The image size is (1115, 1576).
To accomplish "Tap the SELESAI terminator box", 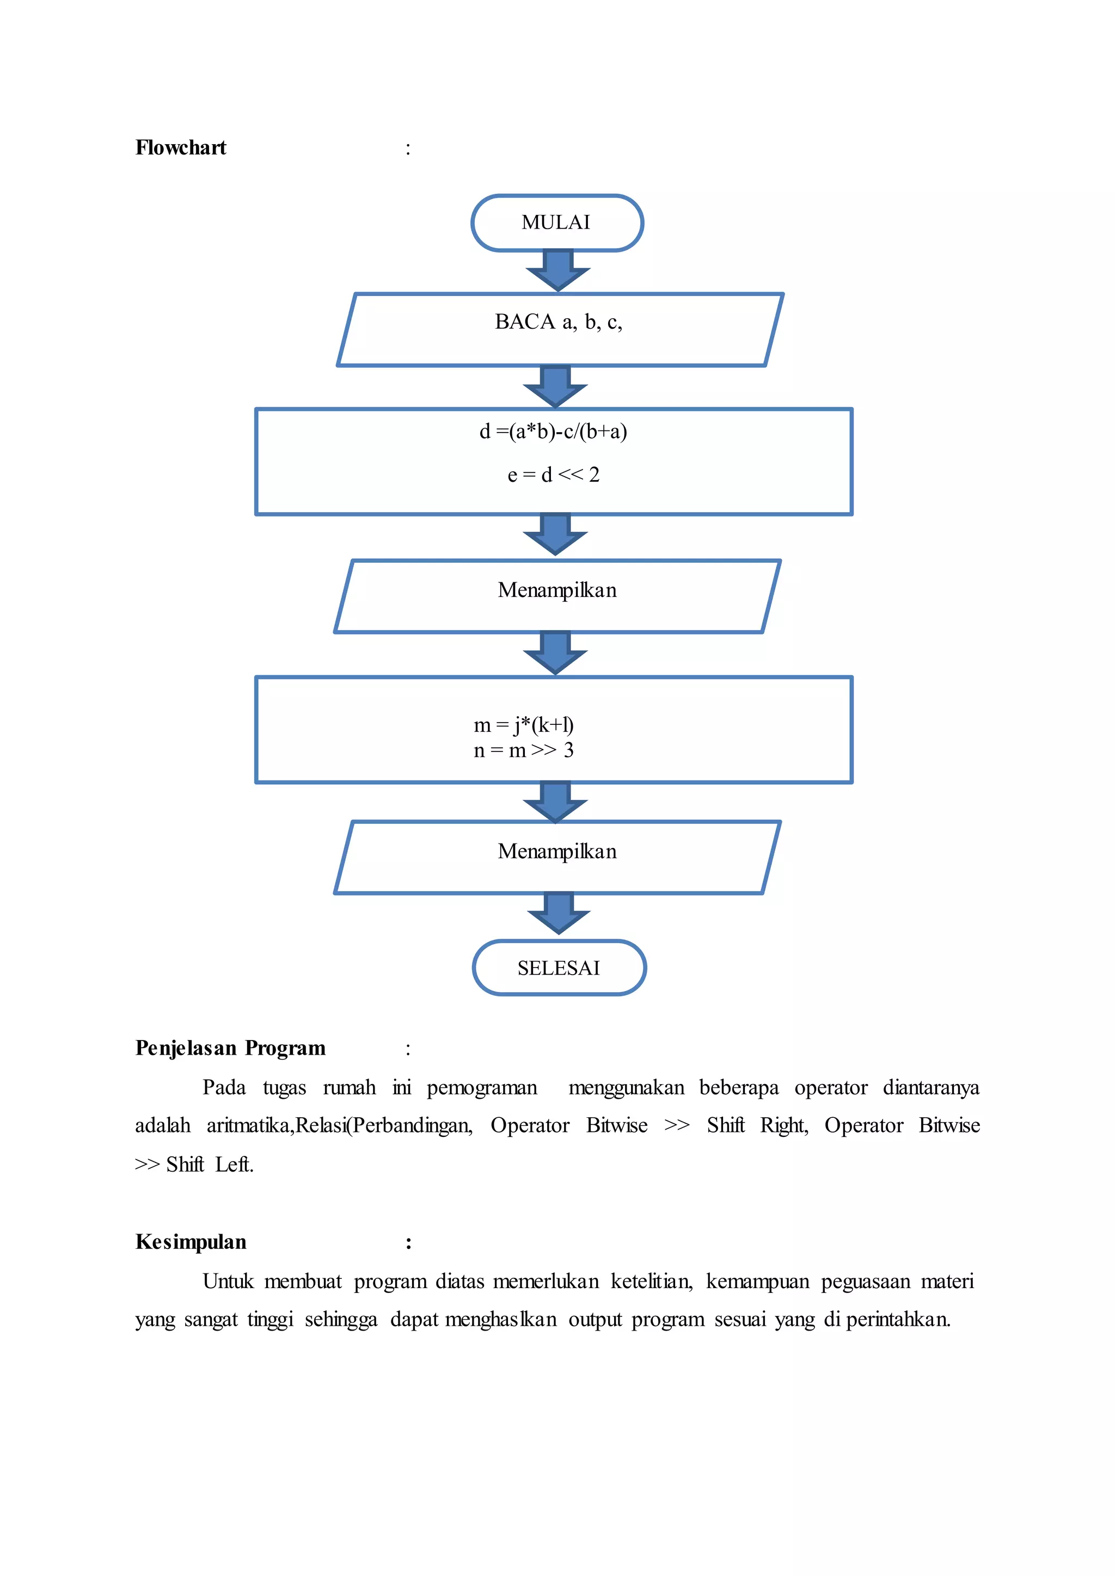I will (559, 968).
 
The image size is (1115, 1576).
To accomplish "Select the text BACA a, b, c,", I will (558, 322).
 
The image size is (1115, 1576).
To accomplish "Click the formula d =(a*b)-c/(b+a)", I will (553, 432).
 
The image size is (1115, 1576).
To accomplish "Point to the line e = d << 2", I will (553, 475).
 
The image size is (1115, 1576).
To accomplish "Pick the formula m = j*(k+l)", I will (524, 725).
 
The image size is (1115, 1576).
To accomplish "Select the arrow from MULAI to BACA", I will (558, 270).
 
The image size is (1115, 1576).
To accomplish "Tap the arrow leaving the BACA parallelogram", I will (555, 386).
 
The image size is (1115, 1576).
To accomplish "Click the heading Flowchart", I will (181, 147).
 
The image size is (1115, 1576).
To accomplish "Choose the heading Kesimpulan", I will (191, 1242).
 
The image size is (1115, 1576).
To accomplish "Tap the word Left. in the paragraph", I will (234, 1165).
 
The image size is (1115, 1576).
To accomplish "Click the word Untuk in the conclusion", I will (228, 1282).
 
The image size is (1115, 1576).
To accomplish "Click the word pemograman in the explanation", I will (482, 1088).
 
